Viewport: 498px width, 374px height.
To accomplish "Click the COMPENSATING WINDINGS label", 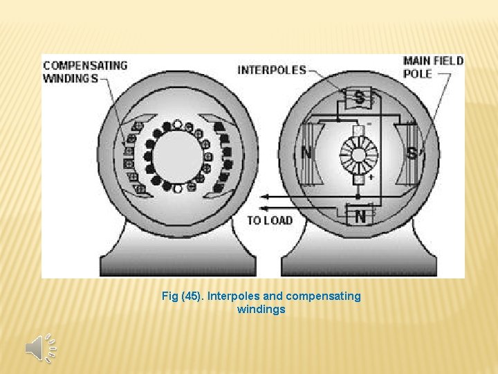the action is coord(85,71).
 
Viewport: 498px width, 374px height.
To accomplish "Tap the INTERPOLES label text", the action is coord(271,70).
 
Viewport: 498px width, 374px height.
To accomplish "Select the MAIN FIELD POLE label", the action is coord(433,66).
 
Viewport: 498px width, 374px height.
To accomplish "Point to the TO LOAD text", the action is coord(270,221).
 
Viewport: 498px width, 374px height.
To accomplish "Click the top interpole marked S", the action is coord(360,98).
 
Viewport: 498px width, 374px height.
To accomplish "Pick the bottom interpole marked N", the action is coord(360,216).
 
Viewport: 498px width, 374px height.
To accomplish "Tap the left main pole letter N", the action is coord(306,152).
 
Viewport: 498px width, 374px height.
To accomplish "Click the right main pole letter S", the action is coord(413,152).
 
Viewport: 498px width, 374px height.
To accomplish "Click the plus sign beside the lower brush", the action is coord(372,177).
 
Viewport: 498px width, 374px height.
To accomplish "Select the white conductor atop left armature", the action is coord(177,125).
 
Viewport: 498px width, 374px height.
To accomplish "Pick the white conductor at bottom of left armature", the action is coord(177,187).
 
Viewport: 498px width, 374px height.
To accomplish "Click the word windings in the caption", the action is coord(261,310).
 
